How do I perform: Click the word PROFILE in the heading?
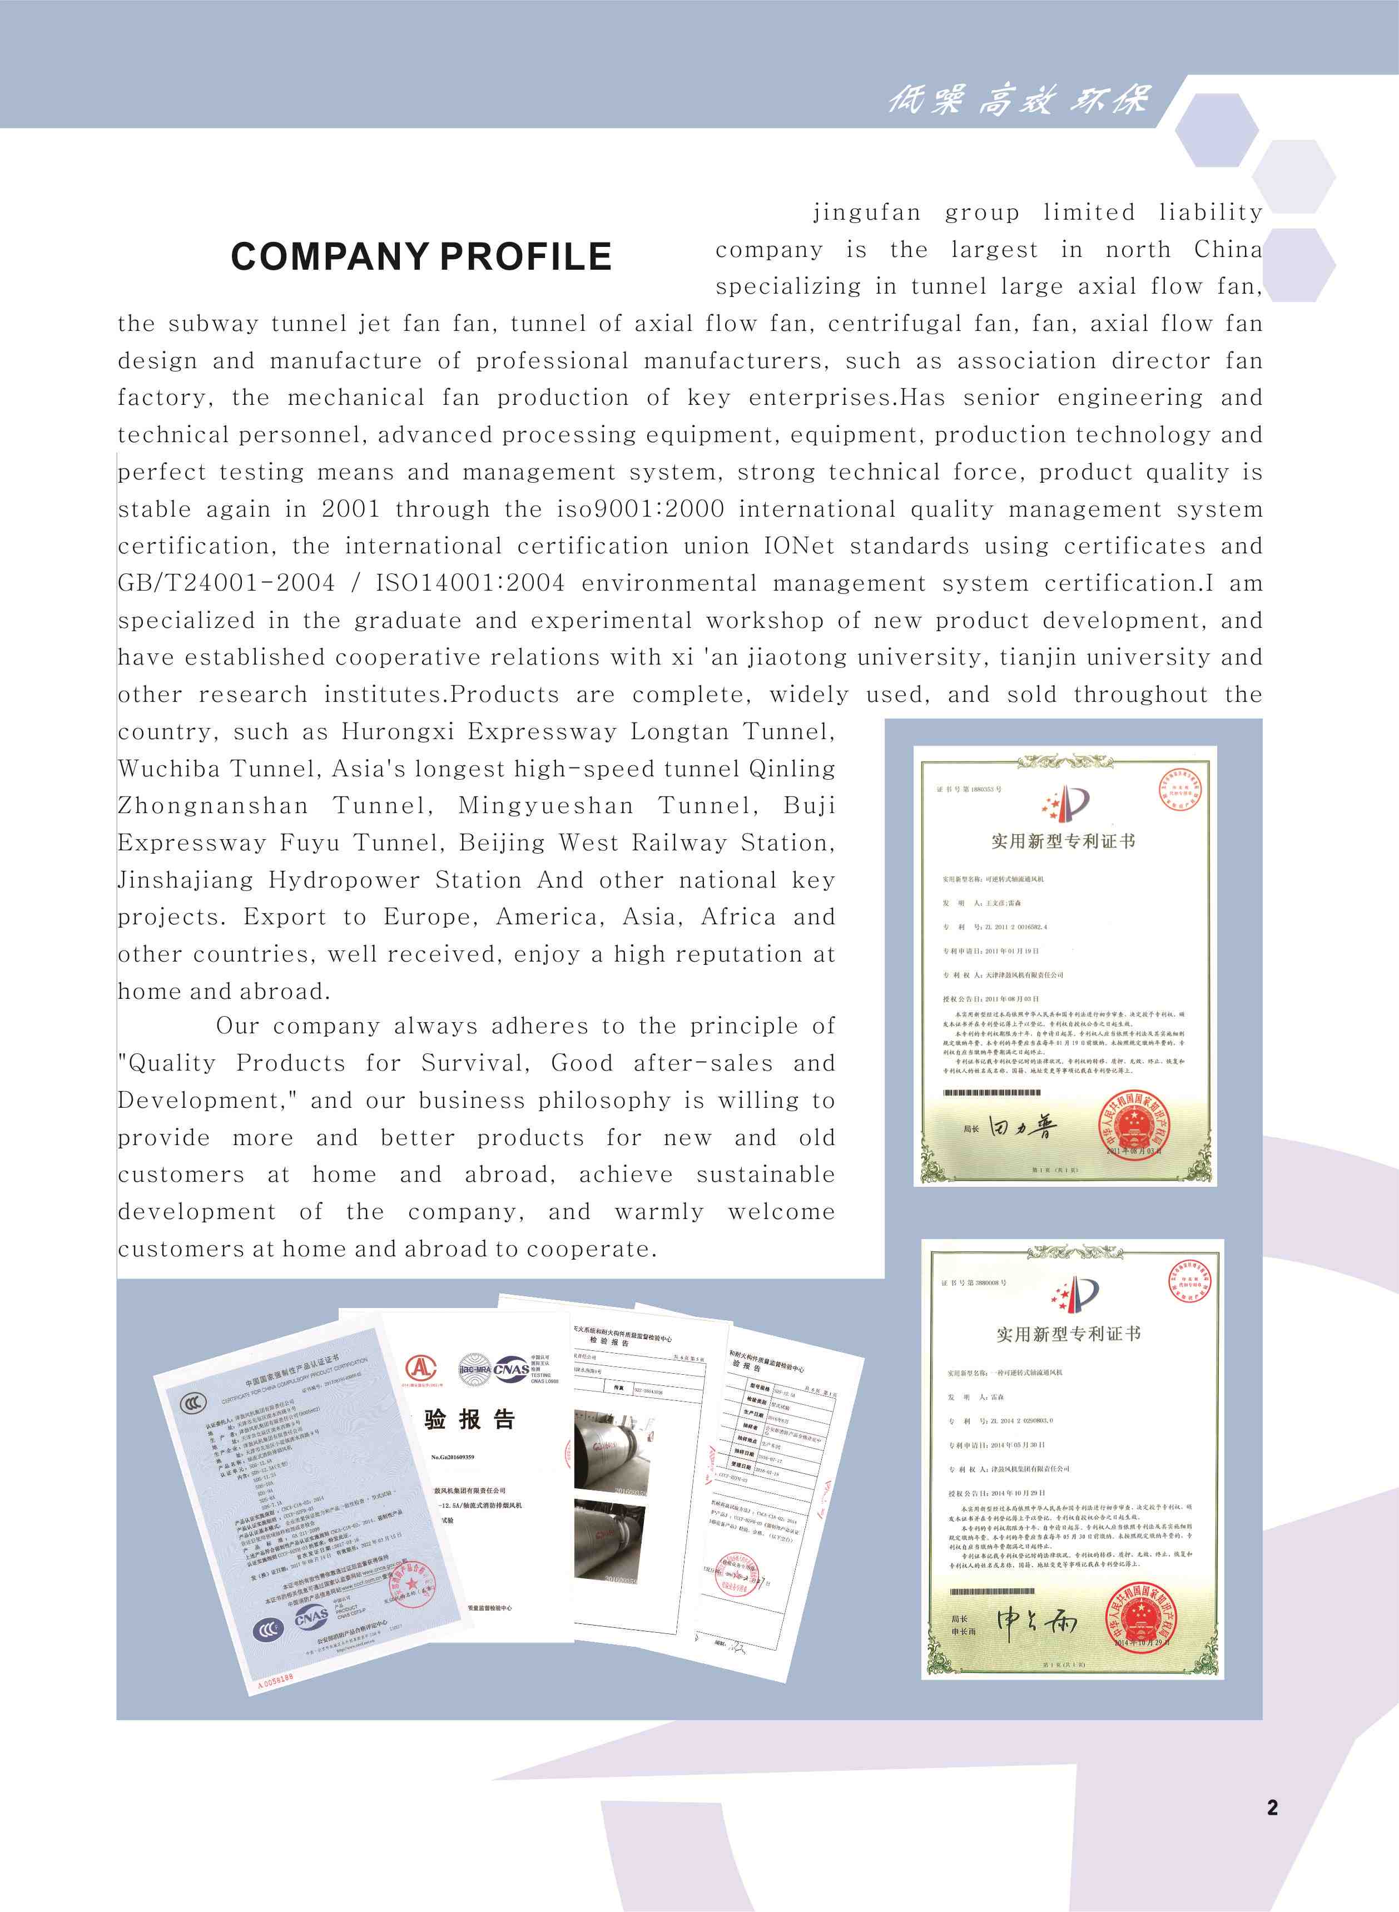526,256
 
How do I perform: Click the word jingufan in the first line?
866,212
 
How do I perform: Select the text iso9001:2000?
640,509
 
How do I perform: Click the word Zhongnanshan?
212,805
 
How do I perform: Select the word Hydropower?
344,880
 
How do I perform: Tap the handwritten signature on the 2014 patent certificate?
1036,1621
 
